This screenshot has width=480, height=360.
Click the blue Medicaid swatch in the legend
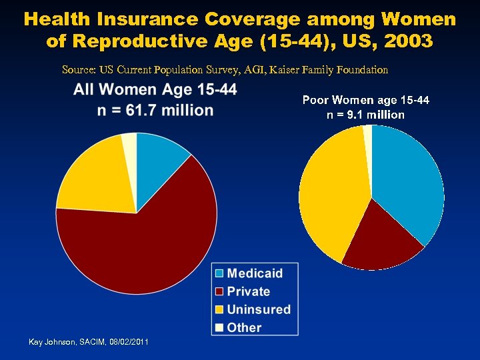click(219, 273)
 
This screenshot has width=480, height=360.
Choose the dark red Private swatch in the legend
click(219, 291)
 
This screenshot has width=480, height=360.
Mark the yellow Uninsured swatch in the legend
click(219, 309)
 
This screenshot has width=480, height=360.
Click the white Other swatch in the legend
click(219, 327)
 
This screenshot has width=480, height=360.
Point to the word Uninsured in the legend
click(259, 309)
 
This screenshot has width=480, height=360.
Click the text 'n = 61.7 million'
click(155, 110)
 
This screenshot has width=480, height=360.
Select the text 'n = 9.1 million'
click(365, 115)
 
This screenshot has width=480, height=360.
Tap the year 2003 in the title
click(407, 41)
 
